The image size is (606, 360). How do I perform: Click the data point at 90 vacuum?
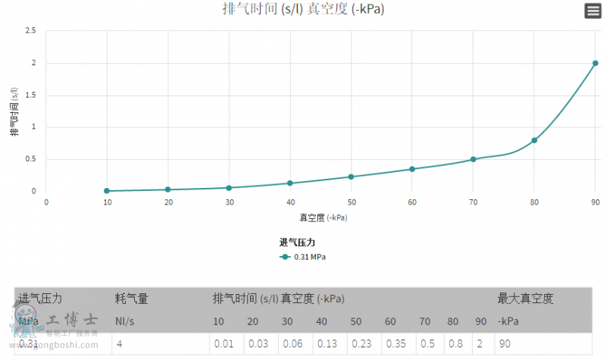595,63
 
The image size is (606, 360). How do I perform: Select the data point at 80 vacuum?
534,140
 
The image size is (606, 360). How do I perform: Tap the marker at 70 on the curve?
473,159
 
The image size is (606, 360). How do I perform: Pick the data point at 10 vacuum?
107,191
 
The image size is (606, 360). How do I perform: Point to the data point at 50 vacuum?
351,177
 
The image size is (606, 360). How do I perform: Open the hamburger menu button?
592,11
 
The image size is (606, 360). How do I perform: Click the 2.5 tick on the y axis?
30,31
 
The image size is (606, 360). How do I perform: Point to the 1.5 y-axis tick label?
30,95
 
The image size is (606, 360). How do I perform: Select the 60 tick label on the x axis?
412,202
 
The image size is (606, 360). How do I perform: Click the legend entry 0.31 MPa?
302,257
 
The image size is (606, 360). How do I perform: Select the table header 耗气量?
132,299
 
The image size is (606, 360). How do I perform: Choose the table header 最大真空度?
525,299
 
